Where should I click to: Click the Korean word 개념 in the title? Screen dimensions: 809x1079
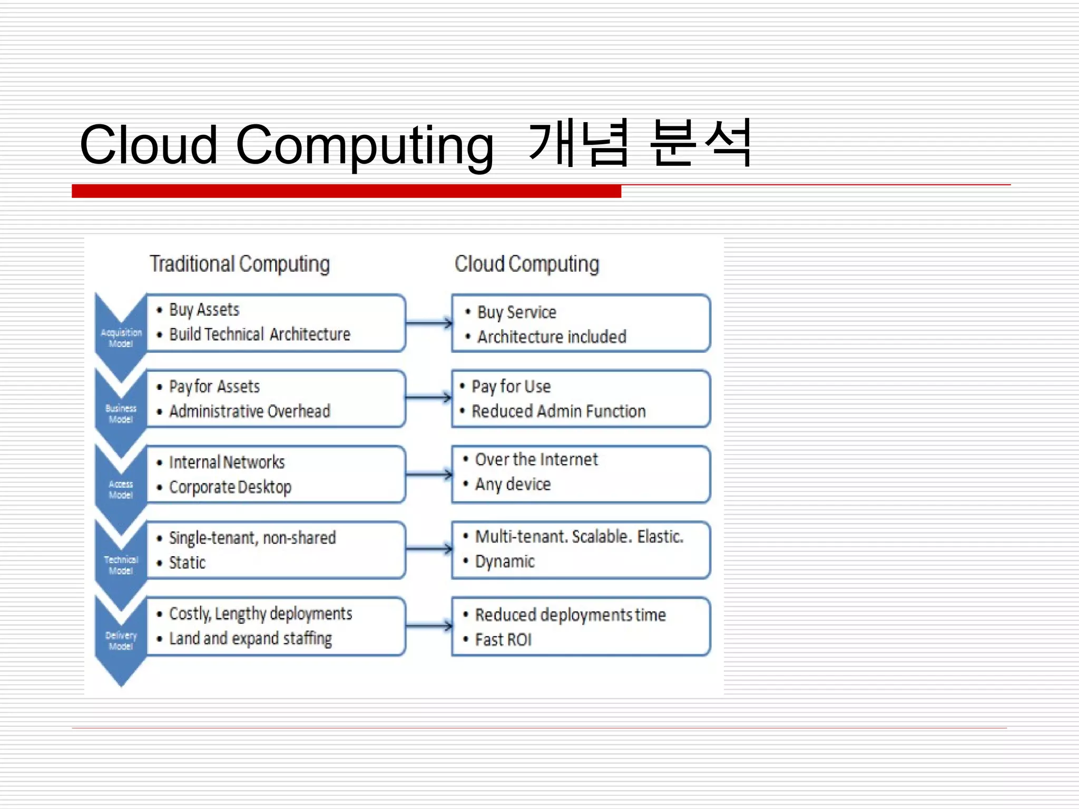(578, 143)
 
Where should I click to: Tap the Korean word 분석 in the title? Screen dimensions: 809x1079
(700, 143)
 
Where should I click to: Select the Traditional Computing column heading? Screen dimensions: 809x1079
(240, 264)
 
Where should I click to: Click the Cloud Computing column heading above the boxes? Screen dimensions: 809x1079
(527, 264)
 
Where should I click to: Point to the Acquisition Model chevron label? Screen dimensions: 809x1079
(121, 338)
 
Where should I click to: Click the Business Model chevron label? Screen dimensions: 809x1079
(121, 413)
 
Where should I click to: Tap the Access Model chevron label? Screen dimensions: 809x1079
(121, 489)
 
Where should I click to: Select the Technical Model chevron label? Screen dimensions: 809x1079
(121, 565)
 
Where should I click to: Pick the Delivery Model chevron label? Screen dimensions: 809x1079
(121, 640)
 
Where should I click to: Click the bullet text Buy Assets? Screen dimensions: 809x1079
(204, 310)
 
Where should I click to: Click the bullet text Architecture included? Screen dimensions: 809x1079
(552, 337)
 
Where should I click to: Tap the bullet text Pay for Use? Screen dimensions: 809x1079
(511, 387)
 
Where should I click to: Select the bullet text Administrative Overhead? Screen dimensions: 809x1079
(250, 411)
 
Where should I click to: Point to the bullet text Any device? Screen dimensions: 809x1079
(513, 484)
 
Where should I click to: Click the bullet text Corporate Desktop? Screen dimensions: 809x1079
(230, 487)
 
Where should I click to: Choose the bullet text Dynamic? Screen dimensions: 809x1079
(505, 561)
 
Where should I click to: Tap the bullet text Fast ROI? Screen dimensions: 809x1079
(503, 639)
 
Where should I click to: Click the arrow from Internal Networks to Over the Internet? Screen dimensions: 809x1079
(429, 475)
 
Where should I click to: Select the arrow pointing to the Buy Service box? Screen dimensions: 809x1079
(429, 323)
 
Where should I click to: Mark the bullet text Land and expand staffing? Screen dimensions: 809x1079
(250, 638)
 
